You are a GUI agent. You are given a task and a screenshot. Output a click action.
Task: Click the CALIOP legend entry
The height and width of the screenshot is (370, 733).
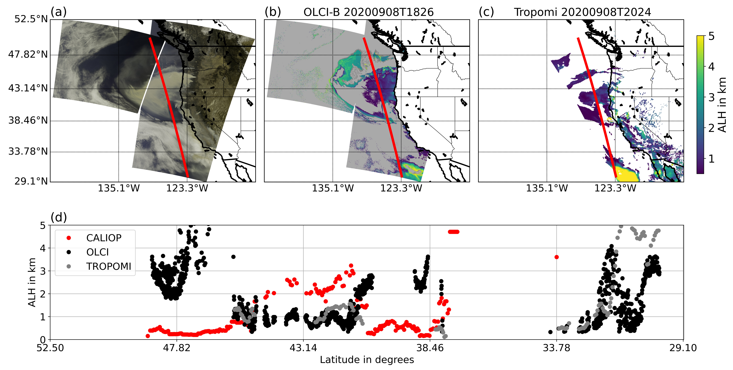pyautogui.click(x=104, y=238)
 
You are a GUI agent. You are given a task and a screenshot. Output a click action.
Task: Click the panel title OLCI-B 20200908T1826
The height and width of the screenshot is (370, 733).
pyautogui.click(x=369, y=12)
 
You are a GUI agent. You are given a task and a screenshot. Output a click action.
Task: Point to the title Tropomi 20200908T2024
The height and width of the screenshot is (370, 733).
pyautogui.click(x=582, y=12)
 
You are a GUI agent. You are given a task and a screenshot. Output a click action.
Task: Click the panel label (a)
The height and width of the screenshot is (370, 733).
pyautogui.click(x=59, y=12)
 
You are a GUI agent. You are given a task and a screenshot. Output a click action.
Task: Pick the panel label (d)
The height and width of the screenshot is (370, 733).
pyautogui.click(x=59, y=217)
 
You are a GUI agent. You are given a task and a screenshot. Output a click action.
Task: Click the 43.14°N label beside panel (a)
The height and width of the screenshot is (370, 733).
pyautogui.click(x=28, y=88)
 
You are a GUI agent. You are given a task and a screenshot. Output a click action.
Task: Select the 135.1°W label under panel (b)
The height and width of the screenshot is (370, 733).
pyautogui.click(x=333, y=188)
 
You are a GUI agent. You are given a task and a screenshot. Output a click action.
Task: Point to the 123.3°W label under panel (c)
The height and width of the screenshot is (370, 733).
pyautogui.click(x=615, y=188)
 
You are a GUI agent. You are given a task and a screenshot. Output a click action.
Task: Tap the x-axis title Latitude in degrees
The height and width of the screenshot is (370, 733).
pyautogui.click(x=367, y=360)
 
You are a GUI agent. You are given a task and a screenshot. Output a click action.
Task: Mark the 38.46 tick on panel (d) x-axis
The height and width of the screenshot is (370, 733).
pyautogui.click(x=430, y=348)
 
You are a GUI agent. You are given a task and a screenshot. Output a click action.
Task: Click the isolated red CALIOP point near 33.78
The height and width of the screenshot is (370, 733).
pyautogui.click(x=557, y=257)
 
